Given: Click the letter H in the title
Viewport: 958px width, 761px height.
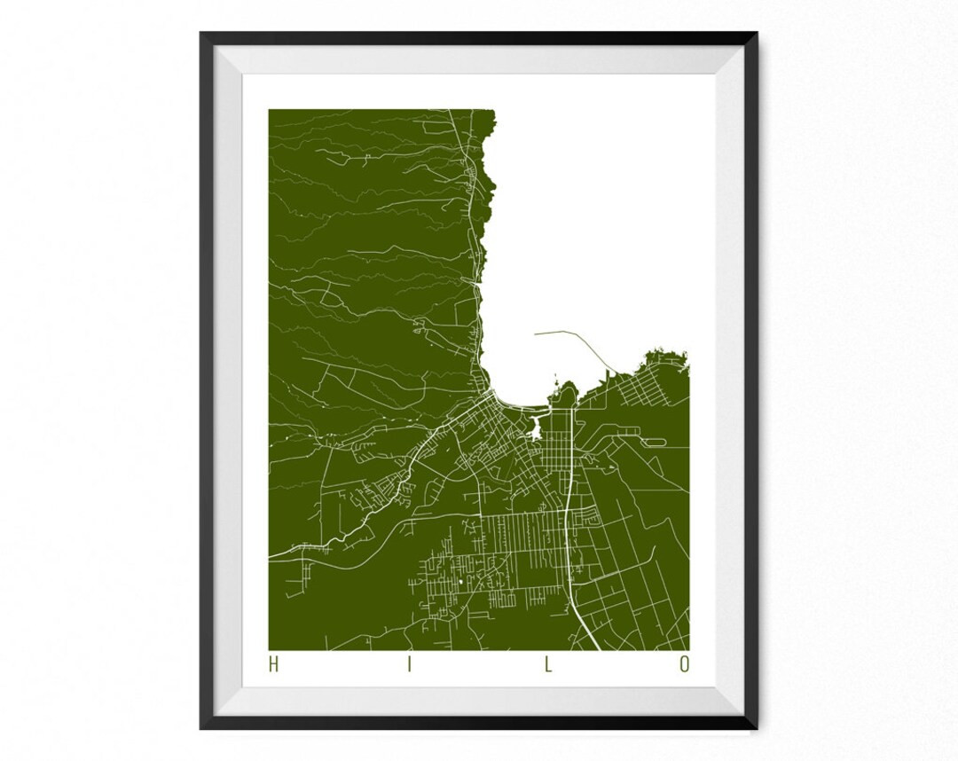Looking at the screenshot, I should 273,664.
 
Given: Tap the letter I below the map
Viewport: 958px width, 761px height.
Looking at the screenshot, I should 410,664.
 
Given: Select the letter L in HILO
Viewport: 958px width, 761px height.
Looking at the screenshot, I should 548,664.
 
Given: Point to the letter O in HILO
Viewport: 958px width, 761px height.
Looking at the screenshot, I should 684,664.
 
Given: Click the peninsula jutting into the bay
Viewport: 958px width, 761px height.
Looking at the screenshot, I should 565,395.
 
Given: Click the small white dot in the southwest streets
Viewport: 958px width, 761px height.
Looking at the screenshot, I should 461,582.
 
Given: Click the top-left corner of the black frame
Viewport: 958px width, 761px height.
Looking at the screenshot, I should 201,33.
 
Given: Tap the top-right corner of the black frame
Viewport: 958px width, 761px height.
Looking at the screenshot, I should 757,33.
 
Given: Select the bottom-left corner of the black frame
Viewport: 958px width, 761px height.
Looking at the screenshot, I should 201,728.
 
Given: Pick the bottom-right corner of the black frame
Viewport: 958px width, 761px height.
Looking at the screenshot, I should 757,728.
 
